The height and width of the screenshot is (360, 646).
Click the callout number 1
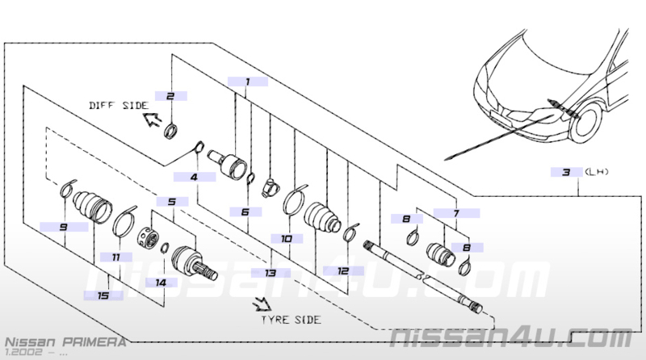coord(248,82)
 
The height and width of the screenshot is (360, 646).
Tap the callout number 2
coord(170,96)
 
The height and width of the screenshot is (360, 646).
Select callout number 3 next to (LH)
coord(567,172)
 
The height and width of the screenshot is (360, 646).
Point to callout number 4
coord(194,177)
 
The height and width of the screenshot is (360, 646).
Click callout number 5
coord(172,202)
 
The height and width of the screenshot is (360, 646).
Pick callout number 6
coord(245,211)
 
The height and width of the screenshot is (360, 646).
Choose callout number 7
coord(456,213)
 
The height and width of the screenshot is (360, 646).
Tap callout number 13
coord(271,273)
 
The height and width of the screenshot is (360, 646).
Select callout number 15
coord(103,295)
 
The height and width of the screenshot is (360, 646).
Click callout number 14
coord(161,283)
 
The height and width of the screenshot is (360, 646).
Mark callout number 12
coord(342,270)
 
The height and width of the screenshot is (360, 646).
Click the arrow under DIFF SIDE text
coord(152,119)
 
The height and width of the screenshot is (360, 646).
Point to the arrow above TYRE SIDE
coord(263,303)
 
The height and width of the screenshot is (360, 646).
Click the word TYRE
coord(275,320)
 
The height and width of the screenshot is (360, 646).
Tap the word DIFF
coord(102,106)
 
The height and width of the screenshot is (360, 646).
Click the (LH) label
coord(596,172)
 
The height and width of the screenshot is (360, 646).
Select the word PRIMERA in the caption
coord(94,342)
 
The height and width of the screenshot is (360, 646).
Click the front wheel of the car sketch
coord(585,123)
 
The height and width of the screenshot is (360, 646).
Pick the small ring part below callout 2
coord(171,131)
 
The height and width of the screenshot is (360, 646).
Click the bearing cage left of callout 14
coord(148,237)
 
